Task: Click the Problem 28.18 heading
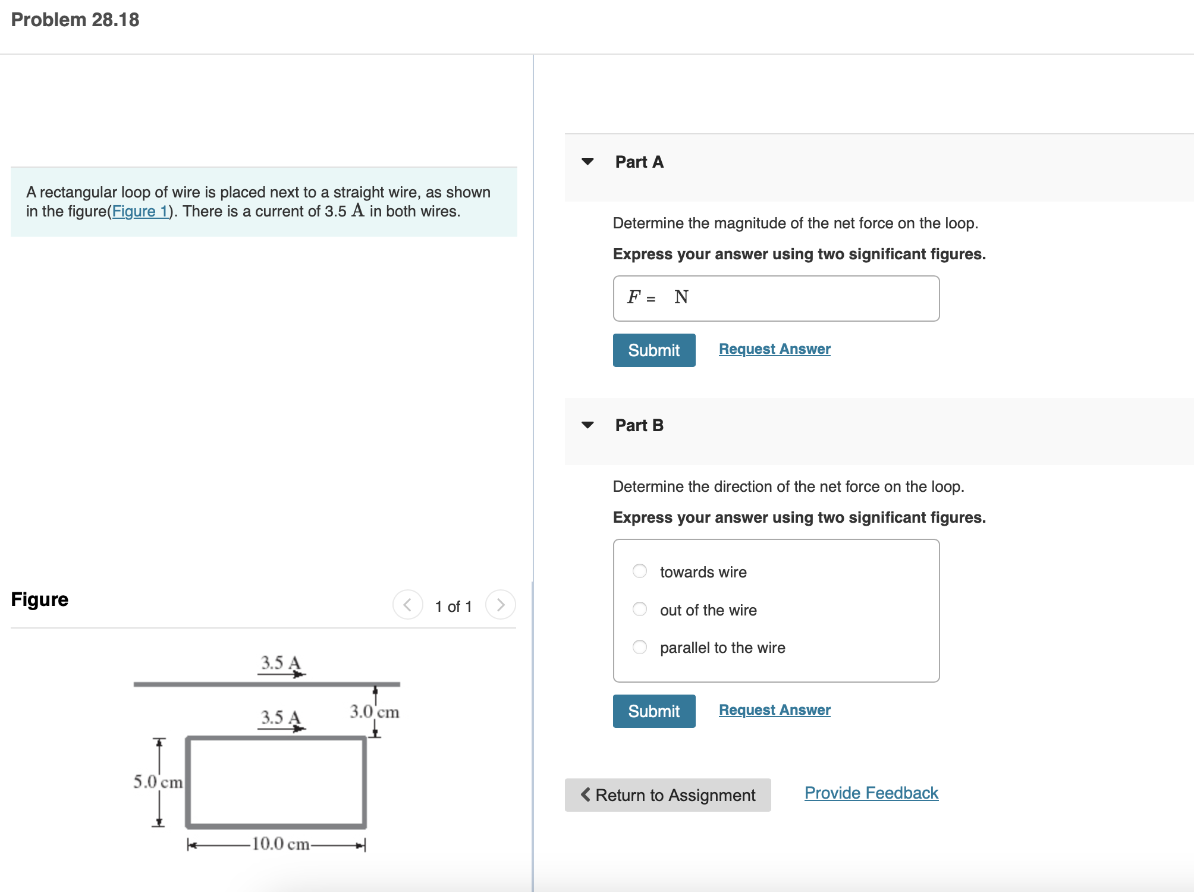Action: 75,20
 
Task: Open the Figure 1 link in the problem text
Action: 140,211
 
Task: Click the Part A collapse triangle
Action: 587,162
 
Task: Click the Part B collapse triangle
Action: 587,425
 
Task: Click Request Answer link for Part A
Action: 774,349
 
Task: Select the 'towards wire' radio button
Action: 640,571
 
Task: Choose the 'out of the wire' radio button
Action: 640,610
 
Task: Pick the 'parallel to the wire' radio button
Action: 640,647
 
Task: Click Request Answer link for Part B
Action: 774,710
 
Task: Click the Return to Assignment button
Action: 668,795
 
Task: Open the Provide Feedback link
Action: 871,793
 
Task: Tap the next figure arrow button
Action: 500,605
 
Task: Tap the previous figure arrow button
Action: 408,605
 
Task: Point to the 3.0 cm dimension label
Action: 374,711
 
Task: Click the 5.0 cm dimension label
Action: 158,781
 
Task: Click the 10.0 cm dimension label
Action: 280,844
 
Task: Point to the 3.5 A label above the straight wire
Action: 281,662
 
